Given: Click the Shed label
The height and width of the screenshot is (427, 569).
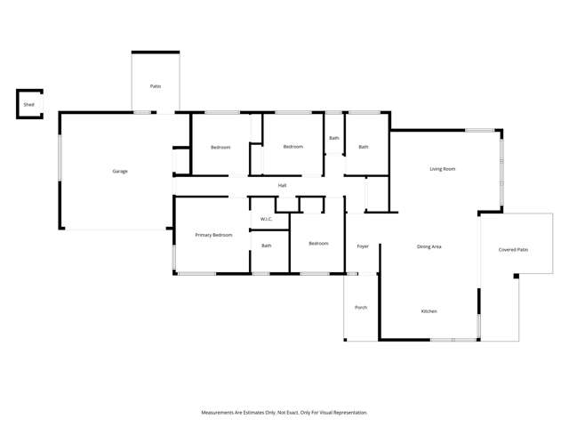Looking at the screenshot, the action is coord(29,105).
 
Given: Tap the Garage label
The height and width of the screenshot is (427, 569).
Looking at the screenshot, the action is coord(120,172).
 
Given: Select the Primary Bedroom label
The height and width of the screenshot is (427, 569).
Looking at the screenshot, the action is coord(213,235).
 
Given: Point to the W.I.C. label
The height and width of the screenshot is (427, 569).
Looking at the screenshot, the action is coord(266,220).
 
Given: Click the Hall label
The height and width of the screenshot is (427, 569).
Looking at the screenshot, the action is coord(283,186).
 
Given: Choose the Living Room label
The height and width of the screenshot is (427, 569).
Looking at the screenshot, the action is coord(443,169).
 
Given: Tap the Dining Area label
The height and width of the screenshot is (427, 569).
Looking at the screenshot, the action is coord(429,246).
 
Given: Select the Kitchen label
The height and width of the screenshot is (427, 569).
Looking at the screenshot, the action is coord(429,311).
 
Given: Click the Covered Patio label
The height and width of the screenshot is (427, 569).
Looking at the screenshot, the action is coord(513,250).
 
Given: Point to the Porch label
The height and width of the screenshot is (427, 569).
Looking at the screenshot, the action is coord(361,308).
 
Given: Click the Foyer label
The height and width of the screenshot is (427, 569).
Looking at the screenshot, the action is coord(363,246).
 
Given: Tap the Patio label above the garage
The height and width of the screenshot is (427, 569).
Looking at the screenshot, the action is coord(156,86).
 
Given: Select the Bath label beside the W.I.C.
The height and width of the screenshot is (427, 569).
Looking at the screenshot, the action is coord(267,246).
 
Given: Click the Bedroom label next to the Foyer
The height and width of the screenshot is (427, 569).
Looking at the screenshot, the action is coord(318,243).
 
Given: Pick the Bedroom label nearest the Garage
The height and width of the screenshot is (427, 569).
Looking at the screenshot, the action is coord(220,148).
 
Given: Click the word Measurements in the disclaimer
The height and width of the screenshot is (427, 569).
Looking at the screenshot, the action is coord(217,413).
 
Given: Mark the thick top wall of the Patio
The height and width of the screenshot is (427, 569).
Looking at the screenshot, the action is coord(156,52).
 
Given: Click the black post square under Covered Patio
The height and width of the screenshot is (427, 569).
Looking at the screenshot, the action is coord(516,277).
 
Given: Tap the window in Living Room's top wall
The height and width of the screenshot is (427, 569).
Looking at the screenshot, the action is coord(479,130).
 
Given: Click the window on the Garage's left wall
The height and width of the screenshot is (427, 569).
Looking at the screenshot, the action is coord(60,157).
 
